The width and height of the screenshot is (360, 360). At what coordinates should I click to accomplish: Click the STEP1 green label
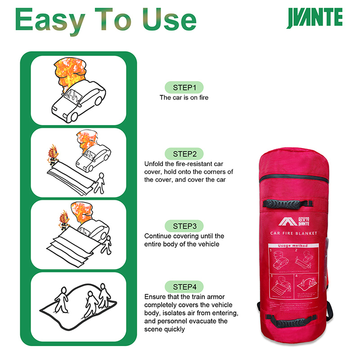pyautogui.click(x=184, y=87)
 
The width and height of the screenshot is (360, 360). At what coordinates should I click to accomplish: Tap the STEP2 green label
pyautogui.click(x=184, y=153)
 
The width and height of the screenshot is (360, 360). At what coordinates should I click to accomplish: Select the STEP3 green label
pyautogui.click(x=184, y=225)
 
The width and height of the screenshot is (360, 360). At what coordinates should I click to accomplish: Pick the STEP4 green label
pyautogui.click(x=184, y=287)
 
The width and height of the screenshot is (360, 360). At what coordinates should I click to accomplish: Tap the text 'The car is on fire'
pyautogui.click(x=184, y=97)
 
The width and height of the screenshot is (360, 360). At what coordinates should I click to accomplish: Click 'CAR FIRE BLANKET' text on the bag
pyautogui.click(x=293, y=233)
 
